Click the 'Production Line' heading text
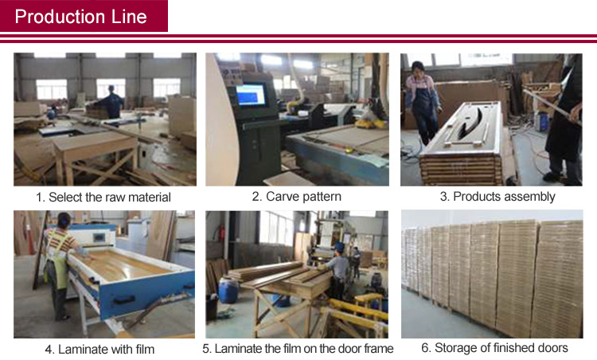click(80, 17)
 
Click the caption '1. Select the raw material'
click(103, 198)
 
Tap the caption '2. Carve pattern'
click(297, 197)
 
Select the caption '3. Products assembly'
click(497, 197)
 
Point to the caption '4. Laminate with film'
click(99, 349)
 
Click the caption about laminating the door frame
click(298, 349)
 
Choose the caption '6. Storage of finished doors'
click(494, 348)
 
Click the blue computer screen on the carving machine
click(251, 95)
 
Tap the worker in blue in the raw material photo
click(111, 102)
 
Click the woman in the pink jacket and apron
click(422, 103)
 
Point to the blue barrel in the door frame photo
click(228, 290)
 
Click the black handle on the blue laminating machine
click(123, 300)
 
